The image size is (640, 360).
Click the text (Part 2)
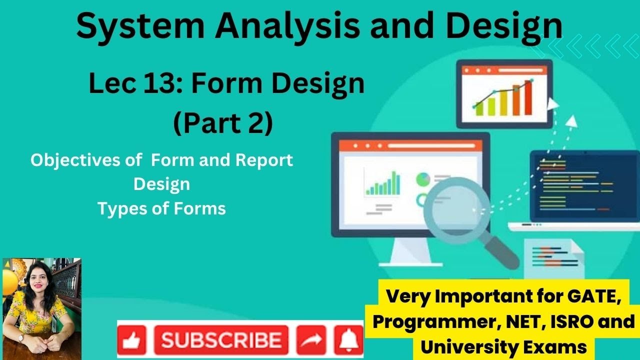(223, 123)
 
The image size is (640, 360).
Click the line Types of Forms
(161, 208)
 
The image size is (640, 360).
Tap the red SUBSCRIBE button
(221, 340)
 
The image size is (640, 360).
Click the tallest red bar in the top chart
(527, 98)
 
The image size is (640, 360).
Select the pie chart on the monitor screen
(423, 178)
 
